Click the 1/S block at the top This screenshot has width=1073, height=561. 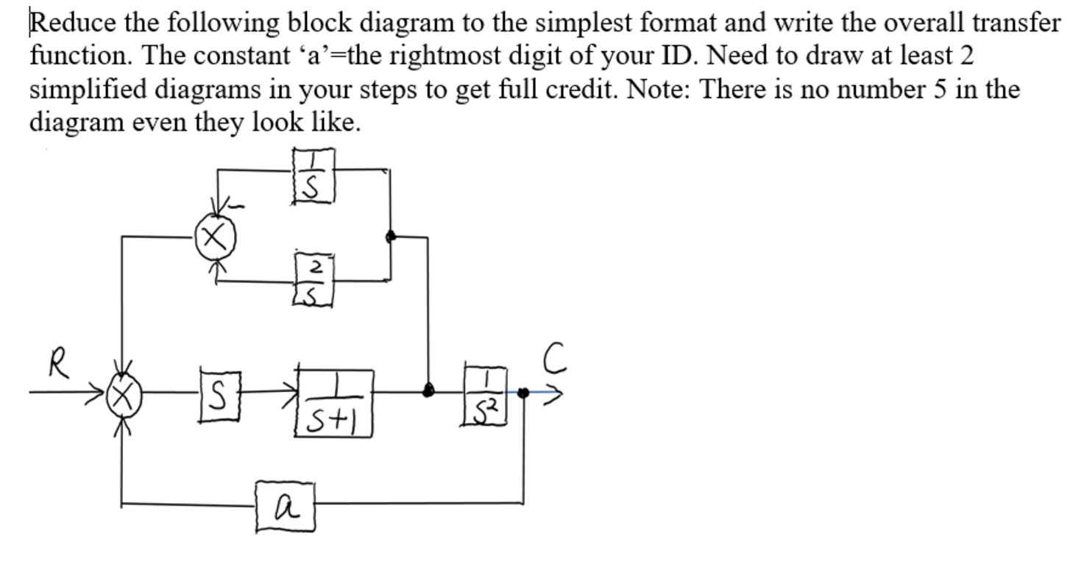click(314, 175)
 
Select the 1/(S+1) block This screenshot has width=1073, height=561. click(334, 403)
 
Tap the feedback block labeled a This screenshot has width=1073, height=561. click(286, 507)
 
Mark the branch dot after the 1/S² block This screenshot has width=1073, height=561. click(523, 393)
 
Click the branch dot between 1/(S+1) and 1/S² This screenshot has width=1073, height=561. click(428, 390)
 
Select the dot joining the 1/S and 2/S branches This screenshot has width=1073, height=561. click(391, 236)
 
